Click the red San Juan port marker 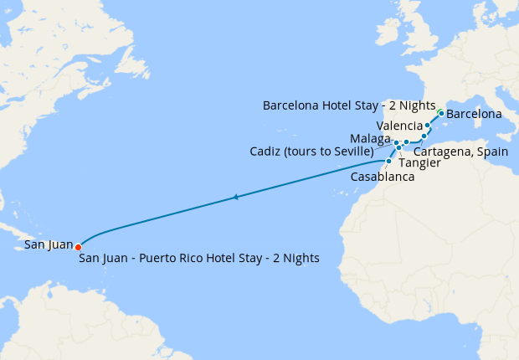[78, 247]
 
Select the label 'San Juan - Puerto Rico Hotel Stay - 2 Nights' [199, 258]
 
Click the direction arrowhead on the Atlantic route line [237, 198]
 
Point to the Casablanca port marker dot [388, 161]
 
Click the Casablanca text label [383, 177]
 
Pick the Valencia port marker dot [428, 126]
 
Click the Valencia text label [399, 126]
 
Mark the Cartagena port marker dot [424, 136]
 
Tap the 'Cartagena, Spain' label [461, 152]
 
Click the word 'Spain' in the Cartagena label [492, 152]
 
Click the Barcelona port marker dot [441, 112]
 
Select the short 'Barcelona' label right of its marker [474, 113]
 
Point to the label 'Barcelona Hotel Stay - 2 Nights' [349, 106]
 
